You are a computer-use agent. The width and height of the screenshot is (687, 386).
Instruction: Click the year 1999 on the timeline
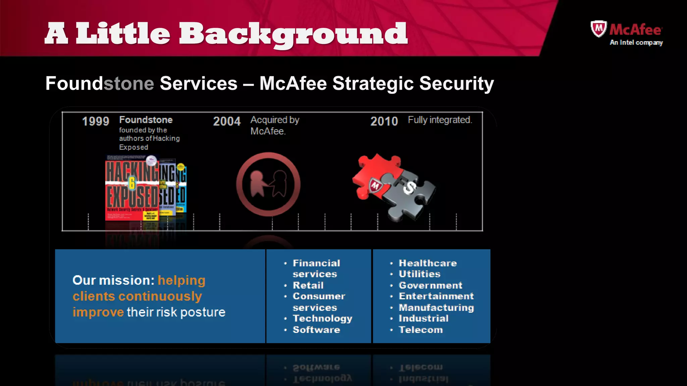pos(96,121)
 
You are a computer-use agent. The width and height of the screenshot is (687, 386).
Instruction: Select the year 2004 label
pos(227,121)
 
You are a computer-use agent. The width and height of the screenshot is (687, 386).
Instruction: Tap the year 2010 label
pos(384,121)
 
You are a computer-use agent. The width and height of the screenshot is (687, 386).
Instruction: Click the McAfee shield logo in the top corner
pos(598,29)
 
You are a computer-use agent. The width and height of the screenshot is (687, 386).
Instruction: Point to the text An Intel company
pos(636,43)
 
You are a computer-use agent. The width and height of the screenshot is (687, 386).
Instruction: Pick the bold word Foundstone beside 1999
pos(146,120)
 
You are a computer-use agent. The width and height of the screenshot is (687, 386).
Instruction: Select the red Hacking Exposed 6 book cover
pos(131,189)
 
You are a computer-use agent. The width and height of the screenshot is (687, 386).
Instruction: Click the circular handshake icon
pos(268,184)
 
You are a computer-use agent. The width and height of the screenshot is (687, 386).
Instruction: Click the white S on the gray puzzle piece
pos(410,188)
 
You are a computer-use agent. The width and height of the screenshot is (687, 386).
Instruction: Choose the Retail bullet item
pos(308,285)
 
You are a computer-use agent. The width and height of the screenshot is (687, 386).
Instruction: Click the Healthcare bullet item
pos(428,263)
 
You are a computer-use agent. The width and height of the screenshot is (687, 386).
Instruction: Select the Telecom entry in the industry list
pos(421,330)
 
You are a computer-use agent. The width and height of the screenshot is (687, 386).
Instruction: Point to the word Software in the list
pos(316,330)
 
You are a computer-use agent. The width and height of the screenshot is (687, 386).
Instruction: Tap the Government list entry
pos(430,285)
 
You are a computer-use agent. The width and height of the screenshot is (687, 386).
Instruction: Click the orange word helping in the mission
pos(181,281)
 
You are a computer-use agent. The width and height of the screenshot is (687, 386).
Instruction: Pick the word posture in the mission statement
pos(203,312)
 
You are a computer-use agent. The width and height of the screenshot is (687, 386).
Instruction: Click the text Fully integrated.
pos(440,120)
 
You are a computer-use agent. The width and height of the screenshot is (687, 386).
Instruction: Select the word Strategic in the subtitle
pos(373,83)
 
